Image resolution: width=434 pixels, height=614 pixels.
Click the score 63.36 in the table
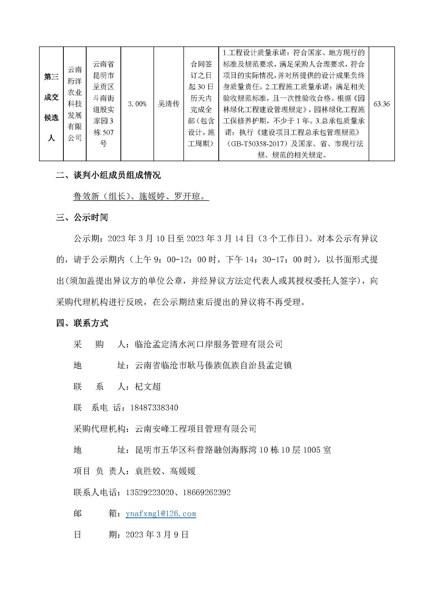coord(381,104)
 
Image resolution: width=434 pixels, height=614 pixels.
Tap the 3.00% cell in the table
coord(137,104)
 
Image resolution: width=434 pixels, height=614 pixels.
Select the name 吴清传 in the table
coord(168,104)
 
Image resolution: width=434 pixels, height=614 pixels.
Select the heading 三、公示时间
coord(82,217)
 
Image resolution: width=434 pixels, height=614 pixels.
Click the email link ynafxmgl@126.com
coord(161,513)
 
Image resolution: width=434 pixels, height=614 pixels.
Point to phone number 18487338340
coord(154,408)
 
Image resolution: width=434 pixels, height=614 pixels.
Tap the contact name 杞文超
coord(148,386)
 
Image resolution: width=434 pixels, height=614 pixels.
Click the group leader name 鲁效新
coord(86,197)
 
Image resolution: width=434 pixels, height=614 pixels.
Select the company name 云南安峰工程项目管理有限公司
coord(196,429)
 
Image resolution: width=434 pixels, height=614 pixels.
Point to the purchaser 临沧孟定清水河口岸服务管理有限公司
coord(209,344)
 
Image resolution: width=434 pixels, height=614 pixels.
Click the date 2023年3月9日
coord(157,534)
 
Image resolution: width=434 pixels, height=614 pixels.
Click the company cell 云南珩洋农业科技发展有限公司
coord(75,104)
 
